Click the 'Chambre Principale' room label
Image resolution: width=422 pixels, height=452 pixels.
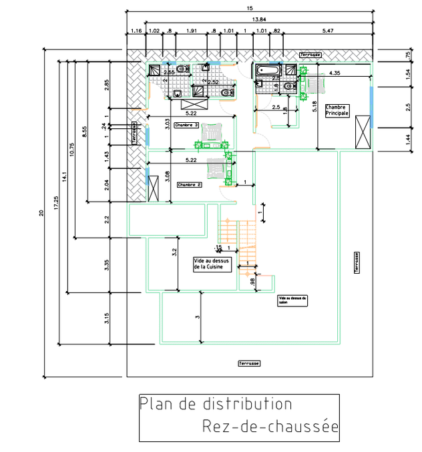pos(337,111)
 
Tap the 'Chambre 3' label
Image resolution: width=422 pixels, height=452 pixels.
pos(186,125)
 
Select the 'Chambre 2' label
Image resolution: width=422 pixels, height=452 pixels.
pos(189,184)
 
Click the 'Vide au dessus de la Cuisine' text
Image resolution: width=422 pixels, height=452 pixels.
pos(212,264)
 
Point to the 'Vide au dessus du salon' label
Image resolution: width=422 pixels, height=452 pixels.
pos(293,300)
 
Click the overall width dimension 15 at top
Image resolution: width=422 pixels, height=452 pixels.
pos(249,8)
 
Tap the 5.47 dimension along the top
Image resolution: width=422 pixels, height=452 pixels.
pos(328,31)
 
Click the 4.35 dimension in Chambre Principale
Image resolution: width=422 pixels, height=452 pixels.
pos(335,73)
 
